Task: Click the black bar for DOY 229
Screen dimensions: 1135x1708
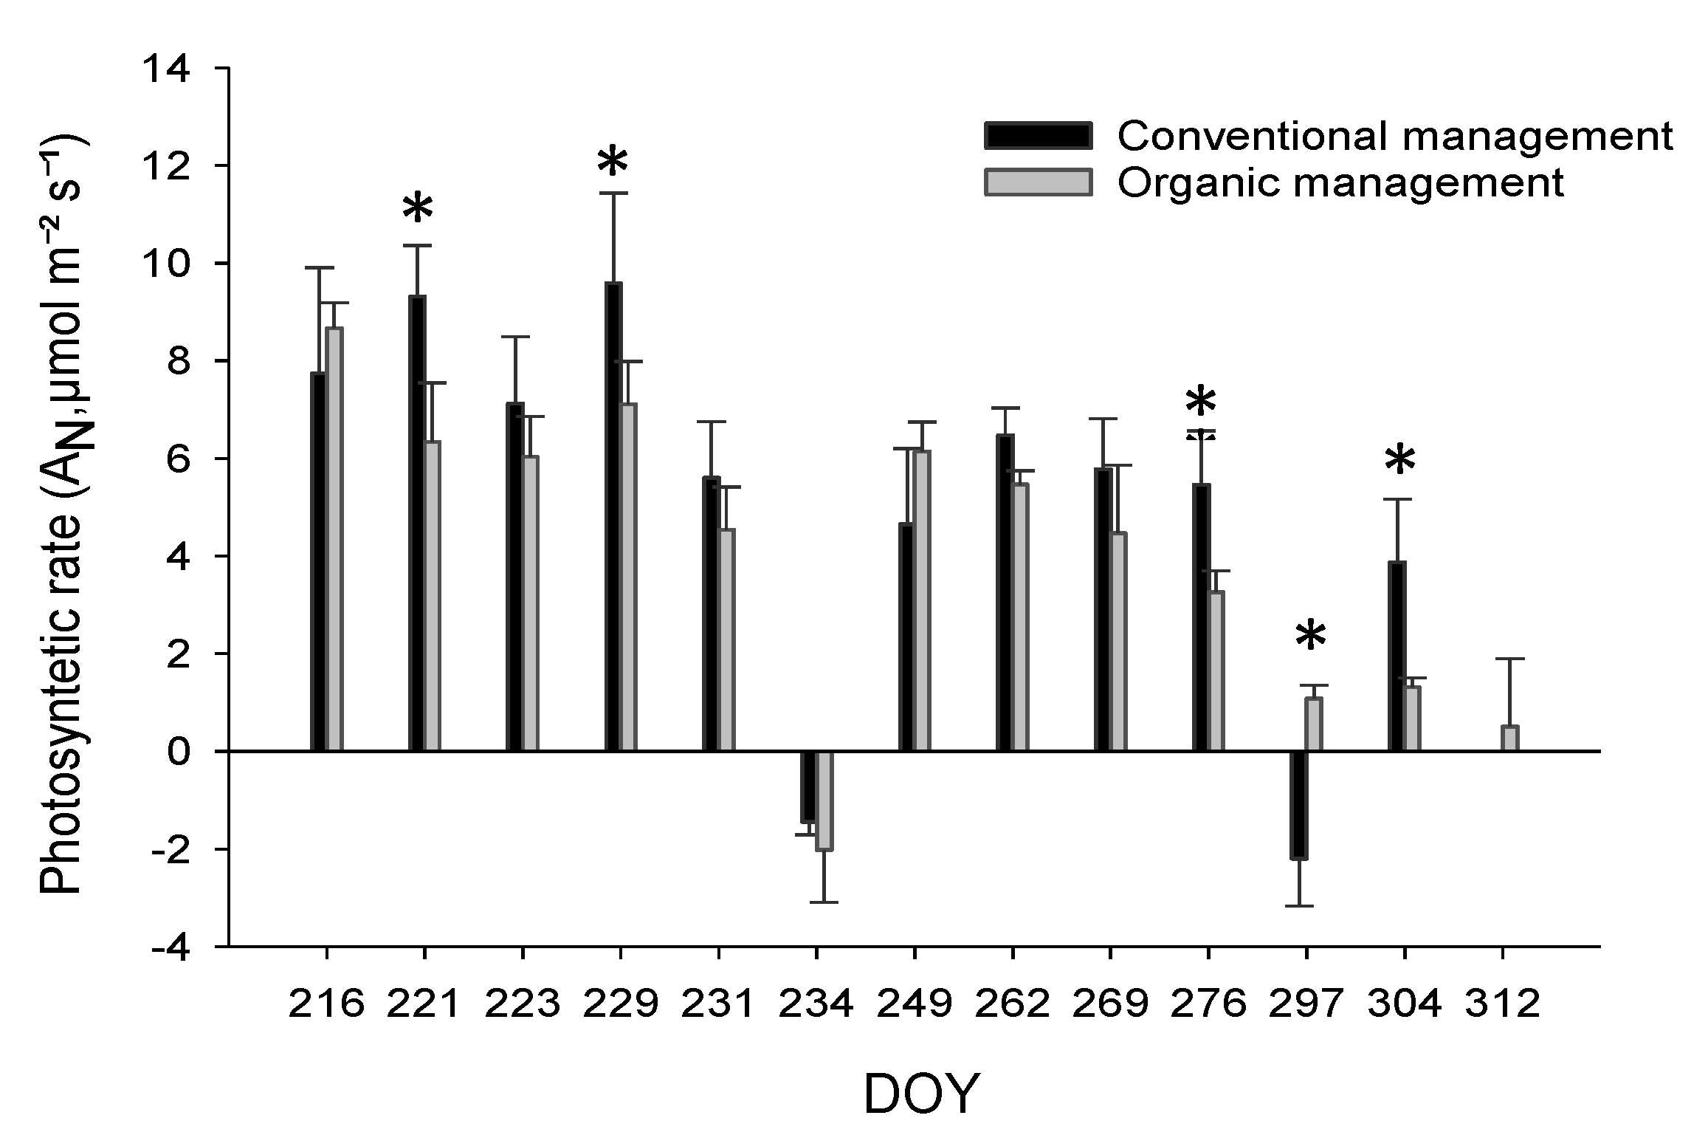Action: tap(613, 517)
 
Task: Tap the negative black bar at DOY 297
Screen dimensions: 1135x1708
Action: tap(1299, 805)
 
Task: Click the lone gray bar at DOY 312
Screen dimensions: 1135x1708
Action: tap(1509, 738)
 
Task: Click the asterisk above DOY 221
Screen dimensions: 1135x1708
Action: tap(418, 209)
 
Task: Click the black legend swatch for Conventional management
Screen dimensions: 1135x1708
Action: tap(1038, 137)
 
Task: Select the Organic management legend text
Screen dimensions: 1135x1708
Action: tap(1340, 182)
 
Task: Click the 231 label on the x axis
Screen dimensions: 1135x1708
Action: tap(717, 1004)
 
